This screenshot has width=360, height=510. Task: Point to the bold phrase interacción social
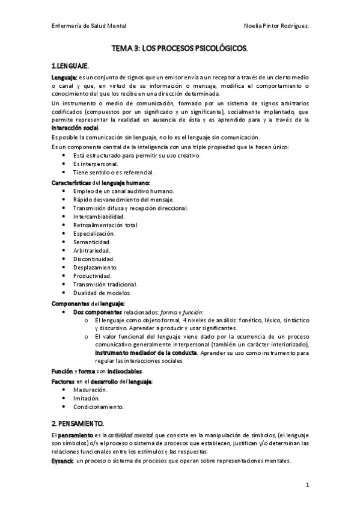click(75, 127)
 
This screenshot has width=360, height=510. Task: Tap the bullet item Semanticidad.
click(93, 242)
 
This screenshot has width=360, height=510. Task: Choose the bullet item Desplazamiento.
click(95, 267)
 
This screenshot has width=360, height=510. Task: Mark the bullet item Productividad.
click(93, 275)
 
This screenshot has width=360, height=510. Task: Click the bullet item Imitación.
click(87, 398)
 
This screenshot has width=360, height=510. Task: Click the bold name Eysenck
click(63, 461)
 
